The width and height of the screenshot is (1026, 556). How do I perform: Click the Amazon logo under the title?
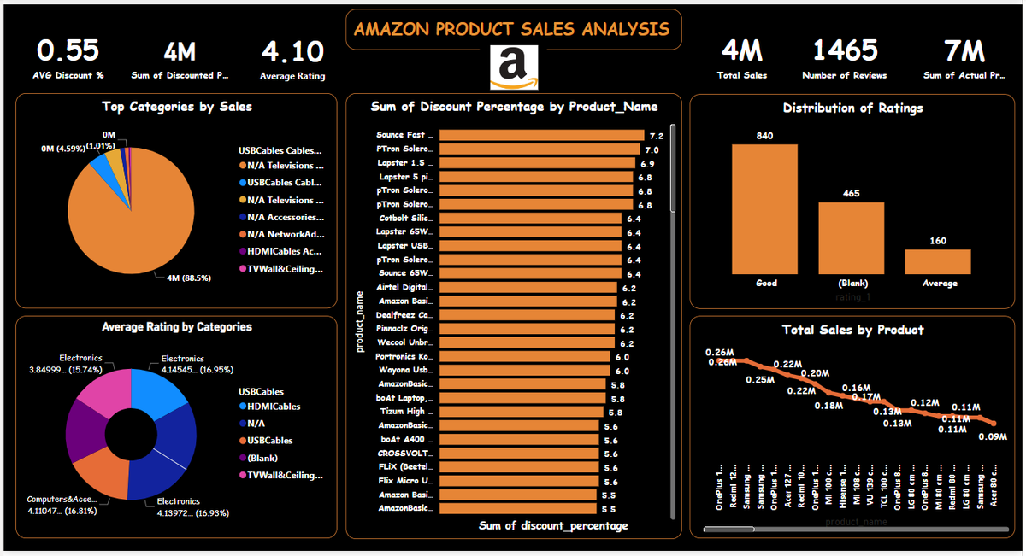click(513, 67)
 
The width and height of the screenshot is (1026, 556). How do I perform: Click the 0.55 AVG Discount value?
click(68, 51)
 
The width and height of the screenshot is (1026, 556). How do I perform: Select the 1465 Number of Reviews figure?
click(843, 51)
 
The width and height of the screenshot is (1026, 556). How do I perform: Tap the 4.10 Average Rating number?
click(292, 51)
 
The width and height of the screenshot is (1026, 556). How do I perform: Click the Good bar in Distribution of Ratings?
click(765, 208)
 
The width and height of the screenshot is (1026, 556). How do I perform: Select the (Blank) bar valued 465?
click(852, 237)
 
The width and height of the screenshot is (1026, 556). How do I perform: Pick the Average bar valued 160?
click(938, 261)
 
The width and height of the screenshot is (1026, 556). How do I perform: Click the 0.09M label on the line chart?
click(994, 437)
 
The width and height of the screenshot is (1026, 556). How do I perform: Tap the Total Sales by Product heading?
click(852, 330)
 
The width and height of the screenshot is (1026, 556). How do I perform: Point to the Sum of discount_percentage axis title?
click(552, 525)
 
